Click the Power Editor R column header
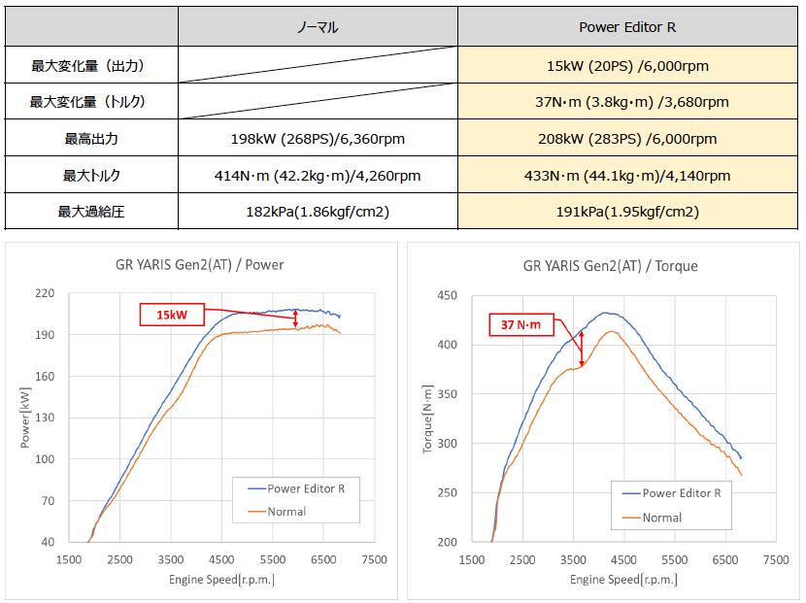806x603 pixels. pyautogui.click(x=627, y=27)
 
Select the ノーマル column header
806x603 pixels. pyautogui.click(x=318, y=27)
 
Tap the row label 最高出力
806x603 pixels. pyautogui.click(x=91, y=139)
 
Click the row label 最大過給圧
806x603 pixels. pyautogui.click(x=91, y=212)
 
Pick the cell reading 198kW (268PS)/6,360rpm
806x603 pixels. pyautogui.click(x=318, y=139)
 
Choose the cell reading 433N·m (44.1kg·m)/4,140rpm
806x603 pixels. pyautogui.click(x=627, y=176)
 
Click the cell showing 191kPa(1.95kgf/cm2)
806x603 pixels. pyautogui.click(x=627, y=212)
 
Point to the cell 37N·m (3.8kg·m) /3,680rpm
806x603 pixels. pyautogui.click(x=627, y=102)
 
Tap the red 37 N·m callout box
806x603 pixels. pyautogui.click(x=521, y=325)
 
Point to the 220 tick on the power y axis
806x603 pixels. pyautogui.click(x=45, y=293)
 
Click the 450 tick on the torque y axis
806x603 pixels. pyautogui.click(x=447, y=296)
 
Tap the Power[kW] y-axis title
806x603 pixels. pyautogui.click(x=25, y=418)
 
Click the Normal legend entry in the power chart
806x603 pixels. pyautogui.click(x=287, y=510)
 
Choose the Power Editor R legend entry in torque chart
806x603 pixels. pyautogui.click(x=681, y=493)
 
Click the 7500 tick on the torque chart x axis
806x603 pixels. pyautogui.click(x=775, y=560)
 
